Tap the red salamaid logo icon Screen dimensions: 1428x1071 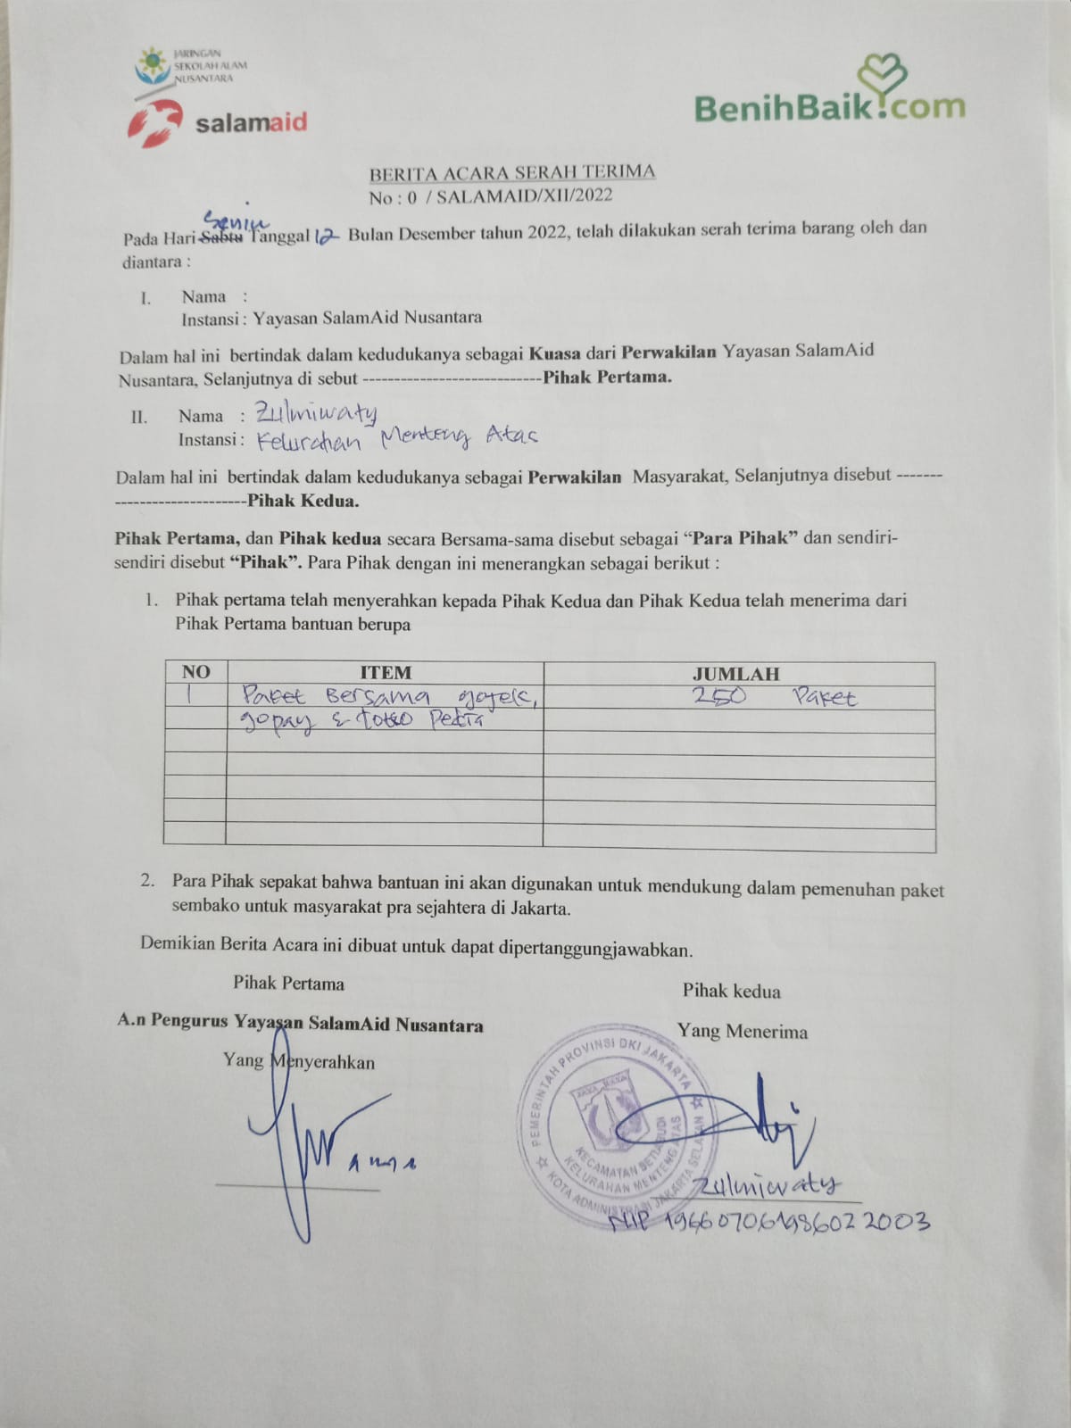pyautogui.click(x=156, y=123)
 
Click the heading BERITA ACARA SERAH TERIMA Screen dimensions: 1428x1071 pyautogui.click(x=512, y=172)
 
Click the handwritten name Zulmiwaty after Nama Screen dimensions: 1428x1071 pyautogui.click(x=316, y=411)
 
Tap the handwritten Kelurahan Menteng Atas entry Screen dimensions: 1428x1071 pyautogui.click(x=397, y=437)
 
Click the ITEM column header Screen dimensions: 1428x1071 pyautogui.click(x=385, y=672)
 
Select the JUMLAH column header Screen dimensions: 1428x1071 pyautogui.click(x=735, y=674)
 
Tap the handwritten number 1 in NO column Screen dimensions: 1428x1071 pyautogui.click(x=189, y=693)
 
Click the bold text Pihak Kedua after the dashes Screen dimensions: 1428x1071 pyautogui.click(x=303, y=501)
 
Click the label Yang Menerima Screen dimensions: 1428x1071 pyautogui.click(x=742, y=1032)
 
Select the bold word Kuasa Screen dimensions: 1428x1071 pyautogui.click(x=554, y=353)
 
